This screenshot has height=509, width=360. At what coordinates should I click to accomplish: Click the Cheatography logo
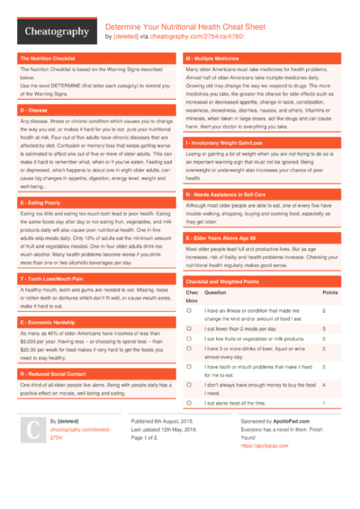56,32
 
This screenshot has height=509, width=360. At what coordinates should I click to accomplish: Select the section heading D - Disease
37,109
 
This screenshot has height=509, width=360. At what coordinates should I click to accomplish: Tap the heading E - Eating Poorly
44,203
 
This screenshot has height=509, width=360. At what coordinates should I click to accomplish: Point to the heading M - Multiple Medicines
218,58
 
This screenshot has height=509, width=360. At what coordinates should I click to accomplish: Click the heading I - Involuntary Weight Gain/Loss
236,142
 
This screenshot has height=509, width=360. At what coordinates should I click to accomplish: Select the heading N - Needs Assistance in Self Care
236,194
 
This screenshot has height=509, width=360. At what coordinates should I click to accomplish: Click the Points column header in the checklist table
330,292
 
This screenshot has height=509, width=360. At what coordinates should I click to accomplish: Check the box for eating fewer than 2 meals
189,329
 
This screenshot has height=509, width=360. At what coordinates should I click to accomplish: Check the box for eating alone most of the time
189,403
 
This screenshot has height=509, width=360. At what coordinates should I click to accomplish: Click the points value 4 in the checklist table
324,385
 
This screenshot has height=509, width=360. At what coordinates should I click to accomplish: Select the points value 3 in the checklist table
324,329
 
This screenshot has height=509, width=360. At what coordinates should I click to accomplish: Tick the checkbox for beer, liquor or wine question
189,348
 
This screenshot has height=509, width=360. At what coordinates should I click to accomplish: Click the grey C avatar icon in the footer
32,428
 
